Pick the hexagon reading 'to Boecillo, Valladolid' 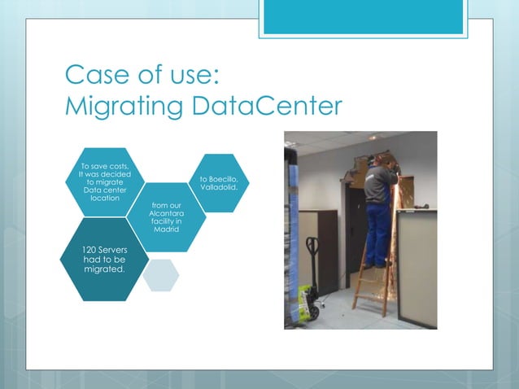point(218,183)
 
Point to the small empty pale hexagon point(160,274)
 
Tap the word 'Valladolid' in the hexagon point(218,188)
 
